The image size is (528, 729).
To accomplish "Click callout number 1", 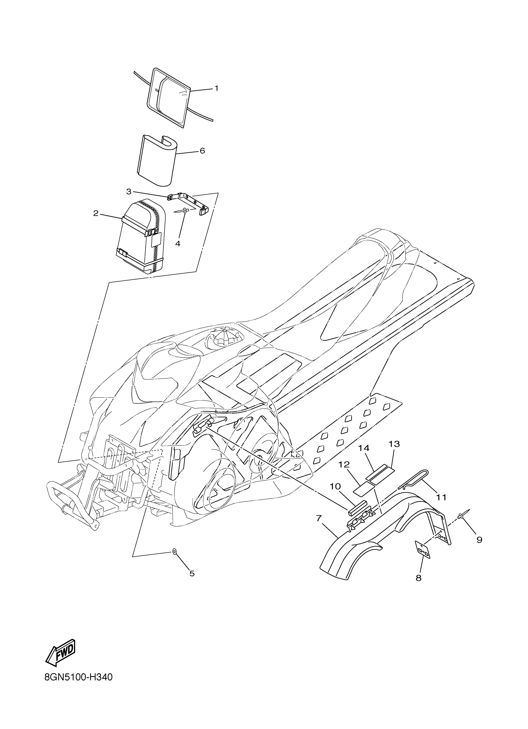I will coord(216,88).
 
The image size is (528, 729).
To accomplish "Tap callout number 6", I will coord(202,150).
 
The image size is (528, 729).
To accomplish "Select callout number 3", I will coord(129,192).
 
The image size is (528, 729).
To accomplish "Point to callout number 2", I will coord(95,213).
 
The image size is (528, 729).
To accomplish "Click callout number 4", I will coord(178,244).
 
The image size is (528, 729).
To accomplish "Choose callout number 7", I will coord(318,518).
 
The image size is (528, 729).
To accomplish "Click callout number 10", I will coord(335,486).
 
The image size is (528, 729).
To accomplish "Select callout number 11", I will coord(442,497).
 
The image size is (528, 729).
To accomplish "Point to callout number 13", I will coord(394,444).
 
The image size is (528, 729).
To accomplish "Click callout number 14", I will coord(364,448).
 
